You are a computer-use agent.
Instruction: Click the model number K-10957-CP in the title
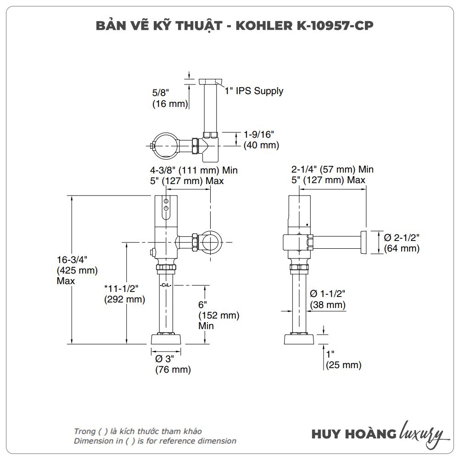click(321, 26)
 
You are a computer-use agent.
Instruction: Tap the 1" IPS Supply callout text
click(254, 91)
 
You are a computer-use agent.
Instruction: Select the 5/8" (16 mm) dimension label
click(170, 98)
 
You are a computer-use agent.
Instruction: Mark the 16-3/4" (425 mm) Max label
click(77, 270)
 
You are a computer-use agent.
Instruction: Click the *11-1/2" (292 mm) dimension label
click(124, 294)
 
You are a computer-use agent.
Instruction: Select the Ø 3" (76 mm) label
click(173, 364)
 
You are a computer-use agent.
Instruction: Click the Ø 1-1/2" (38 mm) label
click(328, 299)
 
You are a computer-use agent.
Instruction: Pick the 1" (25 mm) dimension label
click(343, 360)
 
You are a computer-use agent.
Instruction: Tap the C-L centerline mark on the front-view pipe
click(166, 285)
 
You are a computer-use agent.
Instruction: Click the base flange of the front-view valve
click(166, 340)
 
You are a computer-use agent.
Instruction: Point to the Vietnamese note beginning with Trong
click(138, 431)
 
